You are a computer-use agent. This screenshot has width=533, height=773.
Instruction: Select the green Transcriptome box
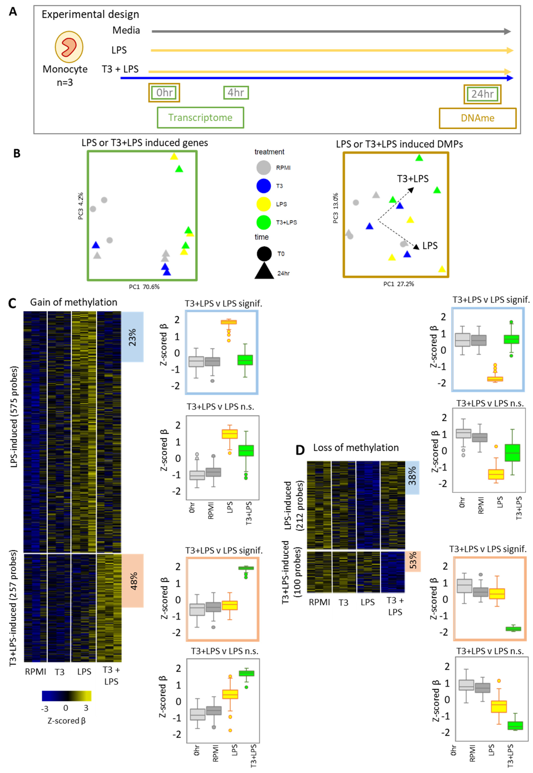(x=200, y=117)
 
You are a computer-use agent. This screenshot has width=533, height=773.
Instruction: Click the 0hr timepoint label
(x=164, y=93)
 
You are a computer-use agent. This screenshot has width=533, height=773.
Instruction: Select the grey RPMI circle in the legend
(x=263, y=168)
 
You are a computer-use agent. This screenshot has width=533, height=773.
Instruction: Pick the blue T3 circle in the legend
(x=263, y=186)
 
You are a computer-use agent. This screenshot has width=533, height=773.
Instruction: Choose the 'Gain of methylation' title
(x=74, y=302)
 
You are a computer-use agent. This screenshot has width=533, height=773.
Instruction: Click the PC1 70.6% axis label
(x=144, y=287)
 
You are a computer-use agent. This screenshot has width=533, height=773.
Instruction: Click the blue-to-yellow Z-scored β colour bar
(x=66, y=696)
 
